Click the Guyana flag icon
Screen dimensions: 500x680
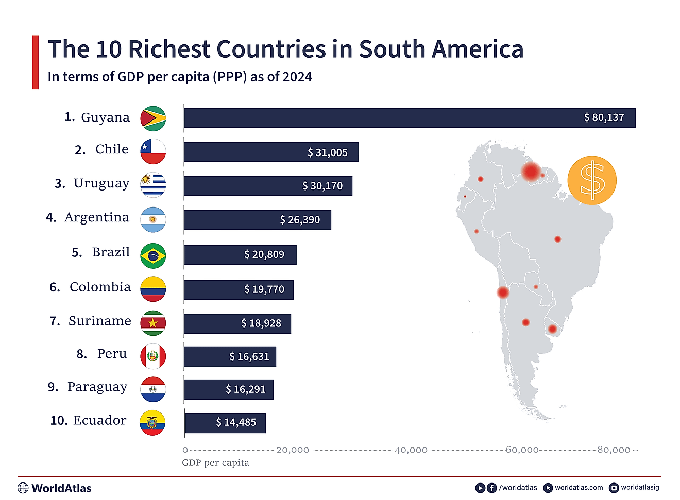click(153, 119)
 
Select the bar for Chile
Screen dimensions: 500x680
click(271, 152)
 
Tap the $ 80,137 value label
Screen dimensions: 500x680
click(604, 118)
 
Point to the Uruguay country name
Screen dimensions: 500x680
click(101, 184)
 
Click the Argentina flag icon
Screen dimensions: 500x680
click(153, 220)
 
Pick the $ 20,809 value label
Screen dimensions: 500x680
click(264, 255)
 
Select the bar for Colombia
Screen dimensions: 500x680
click(239, 290)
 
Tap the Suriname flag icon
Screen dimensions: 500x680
click(153, 323)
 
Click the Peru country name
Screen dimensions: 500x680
click(112, 354)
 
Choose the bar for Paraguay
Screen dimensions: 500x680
click(229, 390)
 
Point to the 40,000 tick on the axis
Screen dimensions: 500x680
click(411, 450)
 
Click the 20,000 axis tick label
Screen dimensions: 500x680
click(293, 450)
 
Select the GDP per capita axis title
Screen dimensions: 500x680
click(215, 463)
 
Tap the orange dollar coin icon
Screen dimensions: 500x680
click(592, 180)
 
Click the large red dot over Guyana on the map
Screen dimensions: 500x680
click(531, 171)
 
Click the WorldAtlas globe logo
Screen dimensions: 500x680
click(23, 488)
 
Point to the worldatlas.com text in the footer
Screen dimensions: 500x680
click(579, 488)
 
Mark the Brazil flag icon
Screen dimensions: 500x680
click(153, 256)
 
